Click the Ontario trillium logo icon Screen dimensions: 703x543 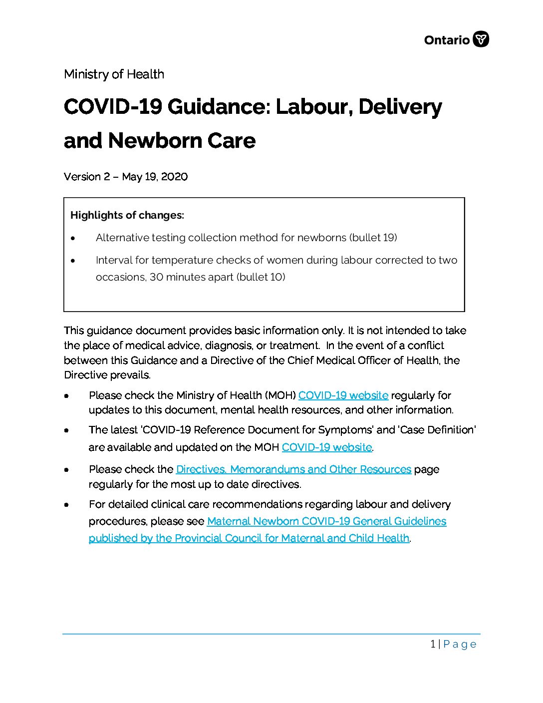[481, 39]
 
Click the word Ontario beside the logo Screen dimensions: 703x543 [447, 40]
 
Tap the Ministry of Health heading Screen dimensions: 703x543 [114, 74]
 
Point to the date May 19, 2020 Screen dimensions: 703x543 [155, 177]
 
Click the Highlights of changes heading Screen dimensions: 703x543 [127, 215]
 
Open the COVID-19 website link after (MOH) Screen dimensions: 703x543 [343, 395]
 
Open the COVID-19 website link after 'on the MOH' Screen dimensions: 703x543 [326, 447]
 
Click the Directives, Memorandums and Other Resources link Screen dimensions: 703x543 [293, 469]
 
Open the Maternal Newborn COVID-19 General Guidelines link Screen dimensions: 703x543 [326, 521]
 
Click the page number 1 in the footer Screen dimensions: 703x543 [433, 644]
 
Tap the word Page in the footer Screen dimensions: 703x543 [460, 644]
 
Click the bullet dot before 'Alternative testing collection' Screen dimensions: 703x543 [73, 238]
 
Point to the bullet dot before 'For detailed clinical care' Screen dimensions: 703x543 [66, 505]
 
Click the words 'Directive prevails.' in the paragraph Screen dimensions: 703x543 [107, 375]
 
